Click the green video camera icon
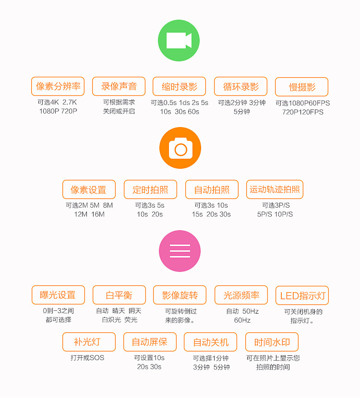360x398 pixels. (179, 41)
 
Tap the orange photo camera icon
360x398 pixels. (180, 148)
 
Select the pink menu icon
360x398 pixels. (180, 251)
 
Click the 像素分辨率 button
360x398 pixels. (58, 86)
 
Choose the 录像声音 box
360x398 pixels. (119, 86)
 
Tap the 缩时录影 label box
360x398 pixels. (180, 86)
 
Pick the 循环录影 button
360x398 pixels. (241, 86)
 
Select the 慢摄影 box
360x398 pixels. (302, 87)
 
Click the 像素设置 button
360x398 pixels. (89, 189)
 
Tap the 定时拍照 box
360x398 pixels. (150, 189)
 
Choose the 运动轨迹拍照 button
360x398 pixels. (275, 189)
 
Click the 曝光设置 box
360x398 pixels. (59, 295)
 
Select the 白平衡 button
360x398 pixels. (120, 295)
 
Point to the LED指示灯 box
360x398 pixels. (302, 295)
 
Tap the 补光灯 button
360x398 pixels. (89, 342)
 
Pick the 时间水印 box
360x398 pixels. (272, 342)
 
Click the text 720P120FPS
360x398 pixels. (303, 112)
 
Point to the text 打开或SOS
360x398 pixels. (87, 358)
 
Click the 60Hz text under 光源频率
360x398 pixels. (242, 320)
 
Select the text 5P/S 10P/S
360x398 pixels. (275, 214)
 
